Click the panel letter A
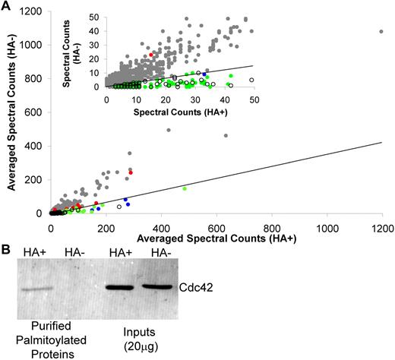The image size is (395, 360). [x=6, y=6]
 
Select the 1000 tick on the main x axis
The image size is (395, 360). [x=327, y=227]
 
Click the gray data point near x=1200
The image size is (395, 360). [x=381, y=32]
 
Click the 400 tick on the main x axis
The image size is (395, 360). [x=161, y=227]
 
